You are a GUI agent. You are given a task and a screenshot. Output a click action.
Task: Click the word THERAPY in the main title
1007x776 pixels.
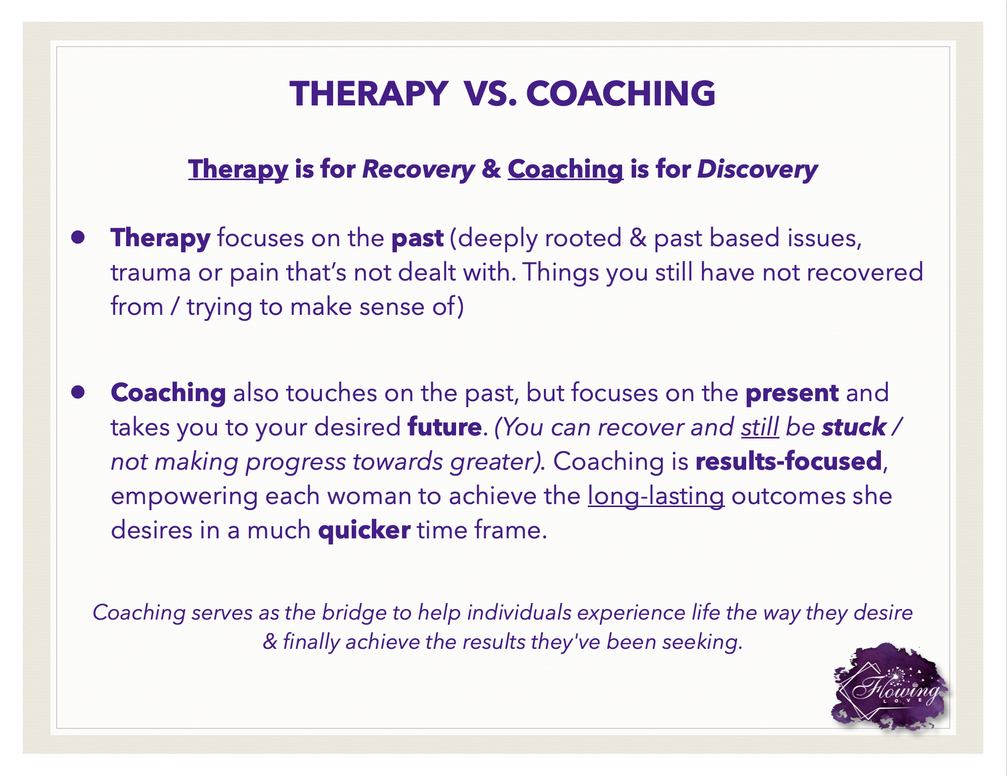pyautogui.click(x=369, y=94)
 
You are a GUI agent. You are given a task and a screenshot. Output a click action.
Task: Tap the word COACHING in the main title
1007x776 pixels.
pyautogui.click(x=621, y=94)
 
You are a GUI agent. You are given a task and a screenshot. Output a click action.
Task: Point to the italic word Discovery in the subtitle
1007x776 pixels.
pyautogui.click(x=757, y=170)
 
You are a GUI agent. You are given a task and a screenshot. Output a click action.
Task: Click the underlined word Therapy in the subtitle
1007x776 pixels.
pyautogui.click(x=238, y=170)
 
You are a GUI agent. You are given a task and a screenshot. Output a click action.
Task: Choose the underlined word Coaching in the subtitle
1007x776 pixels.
pyautogui.click(x=566, y=170)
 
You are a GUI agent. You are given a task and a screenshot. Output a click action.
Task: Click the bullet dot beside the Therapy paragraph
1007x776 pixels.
pyautogui.click(x=78, y=238)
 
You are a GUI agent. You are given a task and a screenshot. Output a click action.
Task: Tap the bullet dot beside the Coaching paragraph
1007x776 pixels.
pyautogui.click(x=78, y=393)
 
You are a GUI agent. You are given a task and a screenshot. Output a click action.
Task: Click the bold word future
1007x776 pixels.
pyautogui.click(x=444, y=427)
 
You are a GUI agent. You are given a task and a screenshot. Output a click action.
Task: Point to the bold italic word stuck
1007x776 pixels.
pyautogui.click(x=854, y=427)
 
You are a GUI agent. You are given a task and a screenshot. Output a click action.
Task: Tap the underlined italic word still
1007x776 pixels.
pyautogui.click(x=760, y=427)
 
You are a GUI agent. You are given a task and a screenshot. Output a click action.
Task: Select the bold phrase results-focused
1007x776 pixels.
pyautogui.click(x=789, y=461)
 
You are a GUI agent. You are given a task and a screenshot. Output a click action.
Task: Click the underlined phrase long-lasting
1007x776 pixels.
pyautogui.click(x=656, y=496)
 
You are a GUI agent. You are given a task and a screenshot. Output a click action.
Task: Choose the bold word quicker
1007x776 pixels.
pyautogui.click(x=364, y=530)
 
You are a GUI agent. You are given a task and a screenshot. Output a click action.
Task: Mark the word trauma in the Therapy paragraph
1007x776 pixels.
pyautogui.click(x=151, y=273)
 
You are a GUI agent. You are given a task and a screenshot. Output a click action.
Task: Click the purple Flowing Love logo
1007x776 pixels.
pyautogui.click(x=890, y=687)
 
